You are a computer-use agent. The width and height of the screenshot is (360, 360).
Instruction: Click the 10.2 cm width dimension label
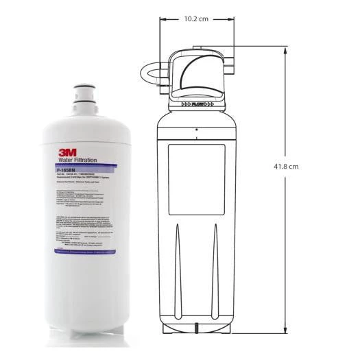[196, 19]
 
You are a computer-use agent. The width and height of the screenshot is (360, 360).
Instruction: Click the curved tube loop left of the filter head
[152, 75]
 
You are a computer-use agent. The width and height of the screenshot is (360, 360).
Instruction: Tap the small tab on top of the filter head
[197, 49]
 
